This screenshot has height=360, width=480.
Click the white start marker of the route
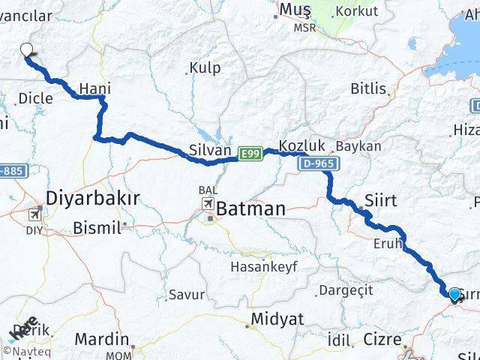tap(27, 51)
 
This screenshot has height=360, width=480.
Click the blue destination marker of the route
tap(454, 294)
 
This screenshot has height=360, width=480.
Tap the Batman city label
tap(251, 209)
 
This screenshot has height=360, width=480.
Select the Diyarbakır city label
tap(93, 199)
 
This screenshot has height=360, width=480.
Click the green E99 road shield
tap(250, 154)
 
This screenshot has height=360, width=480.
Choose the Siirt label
tap(380, 199)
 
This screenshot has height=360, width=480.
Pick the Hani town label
tap(94, 88)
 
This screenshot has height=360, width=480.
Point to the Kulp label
tap(205, 67)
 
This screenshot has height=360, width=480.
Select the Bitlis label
tap(368, 88)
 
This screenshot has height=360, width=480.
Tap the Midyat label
tap(277, 319)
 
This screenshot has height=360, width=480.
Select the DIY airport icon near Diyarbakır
tap(34, 213)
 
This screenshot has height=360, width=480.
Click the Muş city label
tap(294, 9)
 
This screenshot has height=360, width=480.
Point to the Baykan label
tap(358, 145)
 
